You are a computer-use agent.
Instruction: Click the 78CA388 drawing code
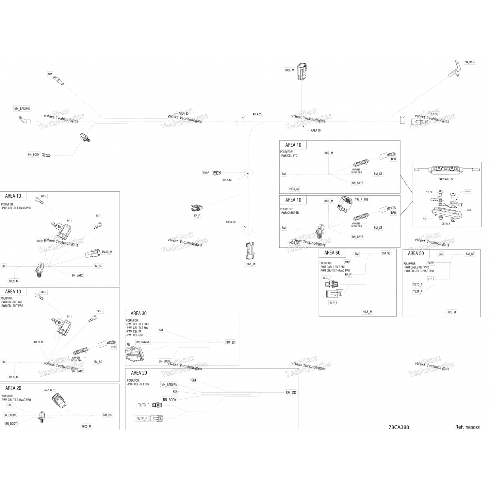coord(399,427)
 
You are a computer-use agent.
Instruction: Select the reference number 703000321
coord(472,427)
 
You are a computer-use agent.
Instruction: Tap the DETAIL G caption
coord(446,179)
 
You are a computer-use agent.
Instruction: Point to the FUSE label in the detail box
coord(469,210)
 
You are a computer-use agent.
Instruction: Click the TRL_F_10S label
coord(362,199)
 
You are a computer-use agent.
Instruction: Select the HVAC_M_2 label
coord(49,390)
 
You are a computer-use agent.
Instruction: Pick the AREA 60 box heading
coord(332,253)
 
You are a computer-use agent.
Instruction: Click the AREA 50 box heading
coord(416,253)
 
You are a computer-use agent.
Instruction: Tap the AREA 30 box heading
coord(139,314)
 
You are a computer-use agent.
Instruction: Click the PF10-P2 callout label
coord(429,192)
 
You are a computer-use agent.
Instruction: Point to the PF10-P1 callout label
coord(468,191)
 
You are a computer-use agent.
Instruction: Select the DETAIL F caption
coord(446,224)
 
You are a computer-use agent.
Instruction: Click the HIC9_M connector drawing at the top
coord(302,71)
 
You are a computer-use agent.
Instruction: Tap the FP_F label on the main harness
coord(197,216)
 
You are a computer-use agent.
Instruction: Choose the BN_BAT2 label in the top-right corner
coord(470,62)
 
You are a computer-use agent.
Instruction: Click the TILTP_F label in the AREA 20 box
coord(141,418)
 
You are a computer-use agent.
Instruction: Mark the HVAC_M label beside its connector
coord(107,252)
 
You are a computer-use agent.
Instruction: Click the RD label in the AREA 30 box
coord(128,345)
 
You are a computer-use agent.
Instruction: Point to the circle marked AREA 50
coord(249,231)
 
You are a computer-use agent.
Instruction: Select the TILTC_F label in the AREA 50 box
coord(417,285)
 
